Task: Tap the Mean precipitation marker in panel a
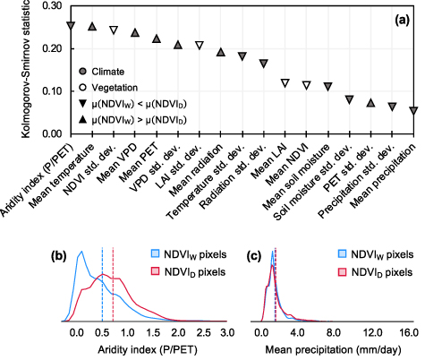[x=413, y=111]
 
